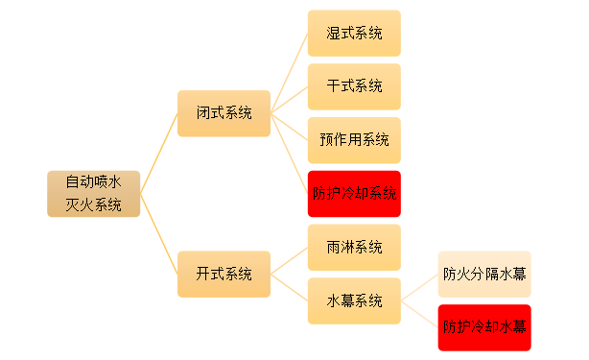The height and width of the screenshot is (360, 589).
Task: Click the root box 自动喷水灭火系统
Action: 93,193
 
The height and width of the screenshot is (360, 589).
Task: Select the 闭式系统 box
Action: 224,113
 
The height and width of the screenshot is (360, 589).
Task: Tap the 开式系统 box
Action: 224,274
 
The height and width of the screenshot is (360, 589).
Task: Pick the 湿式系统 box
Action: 354,34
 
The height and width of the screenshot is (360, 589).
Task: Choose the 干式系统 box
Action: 354,86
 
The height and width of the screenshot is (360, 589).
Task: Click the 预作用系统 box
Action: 354,140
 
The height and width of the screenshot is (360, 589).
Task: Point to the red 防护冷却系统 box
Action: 354,194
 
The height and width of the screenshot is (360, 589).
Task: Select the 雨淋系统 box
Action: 354,247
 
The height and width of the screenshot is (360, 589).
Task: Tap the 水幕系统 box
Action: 354,300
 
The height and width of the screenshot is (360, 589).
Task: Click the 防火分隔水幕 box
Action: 483,274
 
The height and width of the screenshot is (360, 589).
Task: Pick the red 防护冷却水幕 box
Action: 483,327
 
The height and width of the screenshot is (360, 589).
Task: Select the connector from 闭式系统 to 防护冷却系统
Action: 289,154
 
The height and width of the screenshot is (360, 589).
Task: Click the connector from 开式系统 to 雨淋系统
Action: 289,260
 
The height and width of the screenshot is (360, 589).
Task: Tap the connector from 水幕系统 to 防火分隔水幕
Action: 419,287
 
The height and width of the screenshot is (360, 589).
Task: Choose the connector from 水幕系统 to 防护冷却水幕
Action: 419,314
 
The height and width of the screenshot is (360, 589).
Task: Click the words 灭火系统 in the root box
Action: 93,204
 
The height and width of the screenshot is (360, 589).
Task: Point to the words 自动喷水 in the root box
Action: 93,181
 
